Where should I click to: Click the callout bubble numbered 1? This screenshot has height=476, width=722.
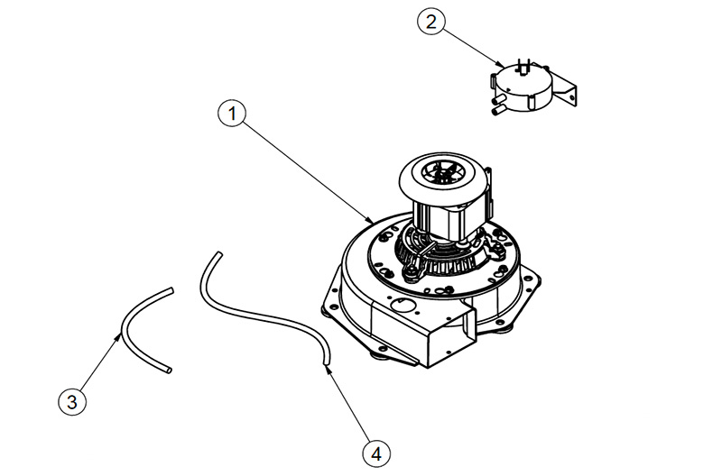(233, 114)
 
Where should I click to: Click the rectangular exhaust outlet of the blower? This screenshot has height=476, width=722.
(448, 338)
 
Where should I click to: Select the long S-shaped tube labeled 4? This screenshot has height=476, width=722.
(262, 311)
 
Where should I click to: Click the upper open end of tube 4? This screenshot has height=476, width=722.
(218, 254)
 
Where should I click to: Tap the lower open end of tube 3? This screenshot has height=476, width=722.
(168, 370)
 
